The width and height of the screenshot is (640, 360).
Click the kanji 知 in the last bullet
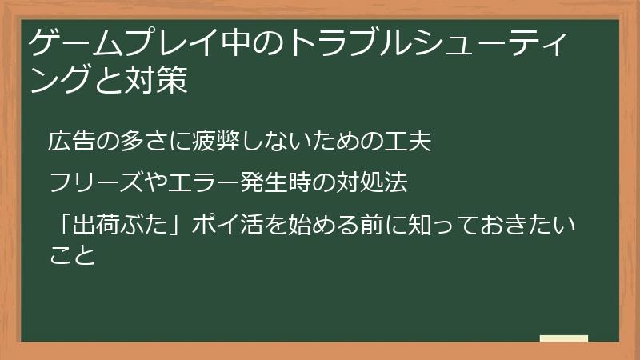coord(433,226)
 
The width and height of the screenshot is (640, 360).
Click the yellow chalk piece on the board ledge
coord(564,339)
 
